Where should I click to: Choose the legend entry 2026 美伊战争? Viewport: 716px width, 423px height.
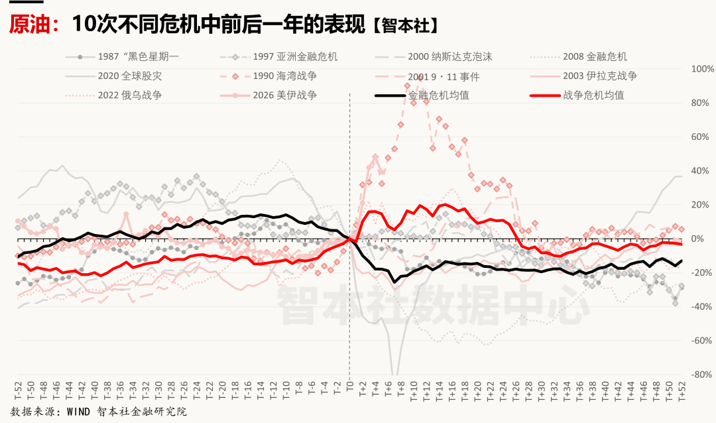click(284, 95)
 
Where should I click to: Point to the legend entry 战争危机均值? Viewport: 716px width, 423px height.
click(593, 95)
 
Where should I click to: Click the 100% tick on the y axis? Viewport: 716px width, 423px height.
click(702, 69)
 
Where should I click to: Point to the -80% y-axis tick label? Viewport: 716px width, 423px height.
click(702, 375)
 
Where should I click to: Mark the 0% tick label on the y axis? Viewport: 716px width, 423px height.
click(705, 239)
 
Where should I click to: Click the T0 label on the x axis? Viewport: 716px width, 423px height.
click(349, 388)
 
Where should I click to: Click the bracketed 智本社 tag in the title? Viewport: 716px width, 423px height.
click(404, 26)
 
